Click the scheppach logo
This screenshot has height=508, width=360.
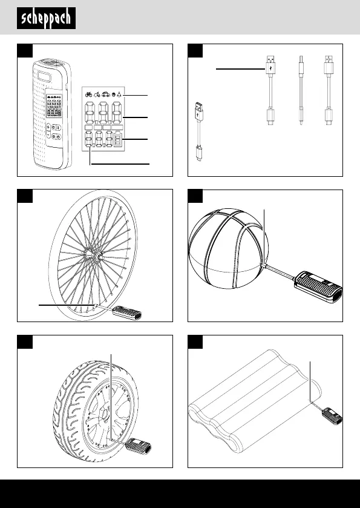point(47,18)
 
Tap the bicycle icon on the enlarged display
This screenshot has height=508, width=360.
point(88,94)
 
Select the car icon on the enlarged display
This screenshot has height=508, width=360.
point(106,94)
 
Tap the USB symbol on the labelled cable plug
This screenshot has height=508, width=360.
point(270,68)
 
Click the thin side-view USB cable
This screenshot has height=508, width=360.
point(301,90)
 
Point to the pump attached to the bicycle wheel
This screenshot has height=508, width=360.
point(126,313)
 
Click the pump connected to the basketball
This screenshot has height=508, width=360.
point(318,287)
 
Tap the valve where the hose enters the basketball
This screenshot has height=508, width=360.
point(265,266)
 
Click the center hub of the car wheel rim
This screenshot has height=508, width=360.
point(104,414)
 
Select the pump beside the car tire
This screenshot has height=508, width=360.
point(138,446)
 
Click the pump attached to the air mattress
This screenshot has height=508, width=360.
point(332,416)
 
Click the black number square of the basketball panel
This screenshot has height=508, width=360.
point(195,196)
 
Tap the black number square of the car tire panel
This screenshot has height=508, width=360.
point(25,342)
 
